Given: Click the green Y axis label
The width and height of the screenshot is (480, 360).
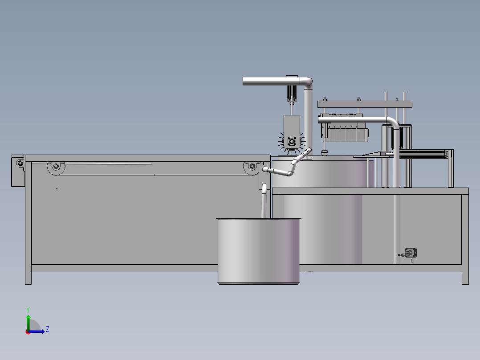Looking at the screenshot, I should tap(28, 309).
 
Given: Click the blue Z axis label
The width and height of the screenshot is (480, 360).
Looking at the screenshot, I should tap(47, 329).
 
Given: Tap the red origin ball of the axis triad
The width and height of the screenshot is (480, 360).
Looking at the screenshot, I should tap(28, 331).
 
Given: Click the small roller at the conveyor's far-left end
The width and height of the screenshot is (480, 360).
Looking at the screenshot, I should tap(20, 163).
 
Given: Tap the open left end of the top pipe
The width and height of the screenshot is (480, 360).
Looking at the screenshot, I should tap(244, 81).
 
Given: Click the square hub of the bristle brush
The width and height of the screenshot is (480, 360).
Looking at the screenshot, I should tap(292, 141).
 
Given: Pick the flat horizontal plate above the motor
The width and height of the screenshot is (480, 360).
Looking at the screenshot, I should tap(365, 104).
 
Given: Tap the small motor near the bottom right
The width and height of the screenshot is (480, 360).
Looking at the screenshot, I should tap(411, 253).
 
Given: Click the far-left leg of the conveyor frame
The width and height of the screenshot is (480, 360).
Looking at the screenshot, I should tap(28, 223).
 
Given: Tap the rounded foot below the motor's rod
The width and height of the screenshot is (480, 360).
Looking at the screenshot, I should tap(325, 153).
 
